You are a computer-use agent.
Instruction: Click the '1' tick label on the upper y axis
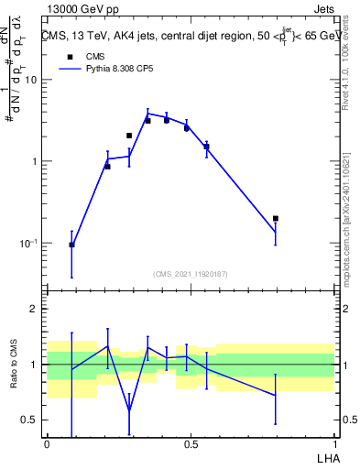(x=35, y=162)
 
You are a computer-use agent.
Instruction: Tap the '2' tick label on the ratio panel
(x=35, y=309)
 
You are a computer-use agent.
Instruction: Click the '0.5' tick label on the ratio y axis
(x=29, y=420)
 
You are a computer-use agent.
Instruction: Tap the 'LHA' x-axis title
(x=327, y=457)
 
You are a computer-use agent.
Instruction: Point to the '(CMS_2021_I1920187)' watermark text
(x=191, y=274)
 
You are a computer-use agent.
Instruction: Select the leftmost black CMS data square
(x=71, y=245)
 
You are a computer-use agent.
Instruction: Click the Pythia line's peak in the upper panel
(x=147, y=114)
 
